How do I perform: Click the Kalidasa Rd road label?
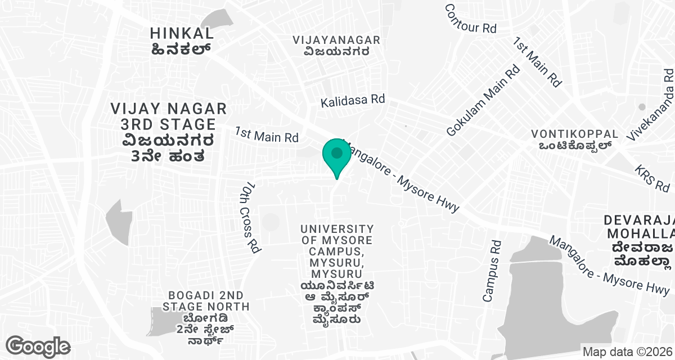pos(353,101)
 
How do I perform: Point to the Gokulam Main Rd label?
pos(483,100)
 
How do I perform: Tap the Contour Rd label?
pos(470,19)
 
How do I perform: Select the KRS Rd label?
pos(652,178)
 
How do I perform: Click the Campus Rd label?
pos(492,271)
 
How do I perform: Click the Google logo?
pos(38,346)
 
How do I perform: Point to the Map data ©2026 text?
pos(627,352)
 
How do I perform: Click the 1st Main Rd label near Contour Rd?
pos(537,62)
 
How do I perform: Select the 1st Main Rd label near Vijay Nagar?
pos(267,135)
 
